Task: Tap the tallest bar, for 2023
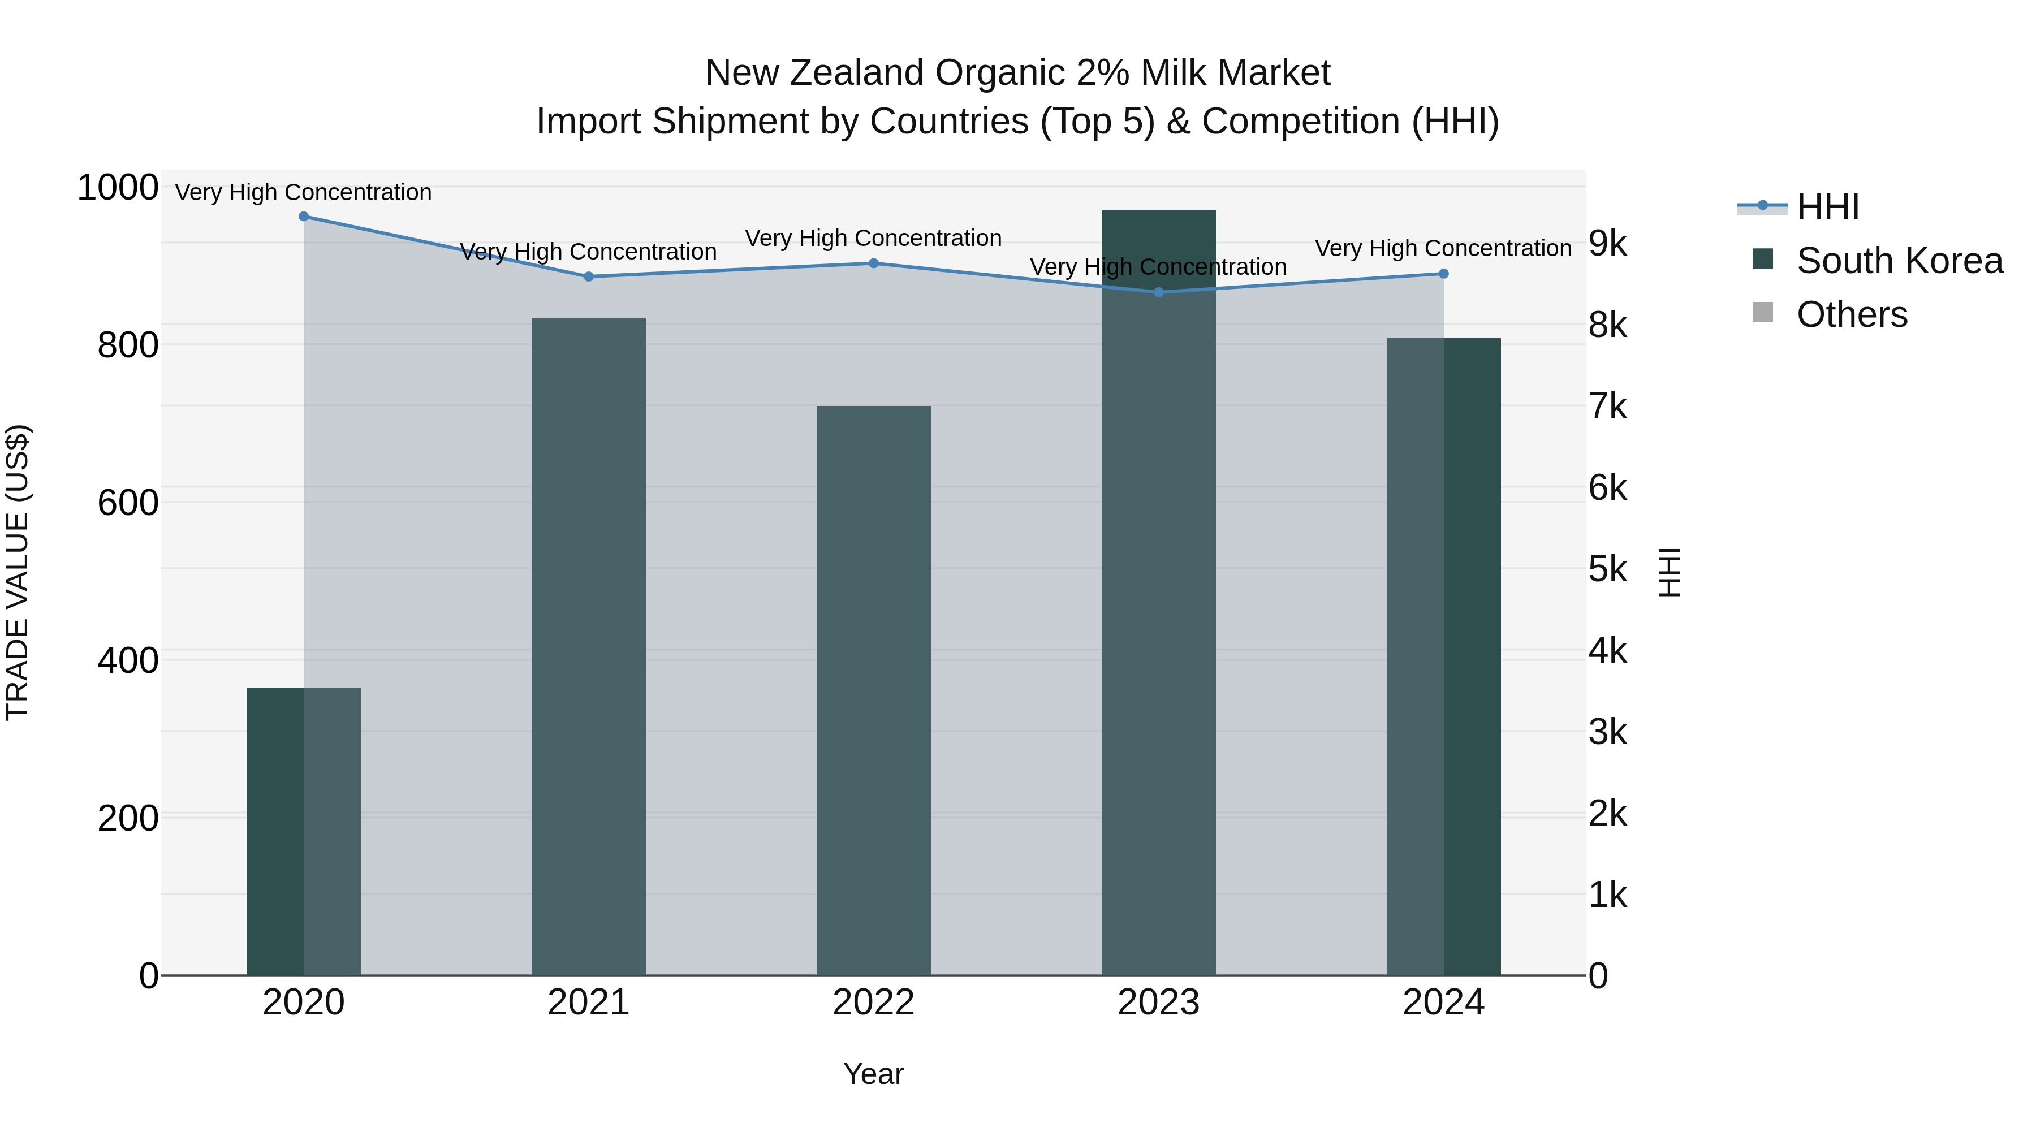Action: point(1159,593)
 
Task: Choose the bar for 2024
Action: point(1443,656)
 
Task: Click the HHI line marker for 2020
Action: point(304,217)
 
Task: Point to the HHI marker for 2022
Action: point(873,263)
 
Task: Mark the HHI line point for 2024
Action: point(1443,274)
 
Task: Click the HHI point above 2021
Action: point(588,276)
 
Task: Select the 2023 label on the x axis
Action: point(1159,1003)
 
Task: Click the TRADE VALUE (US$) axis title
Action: point(18,572)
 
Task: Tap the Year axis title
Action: point(873,1074)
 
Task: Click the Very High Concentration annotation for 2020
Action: point(304,192)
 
